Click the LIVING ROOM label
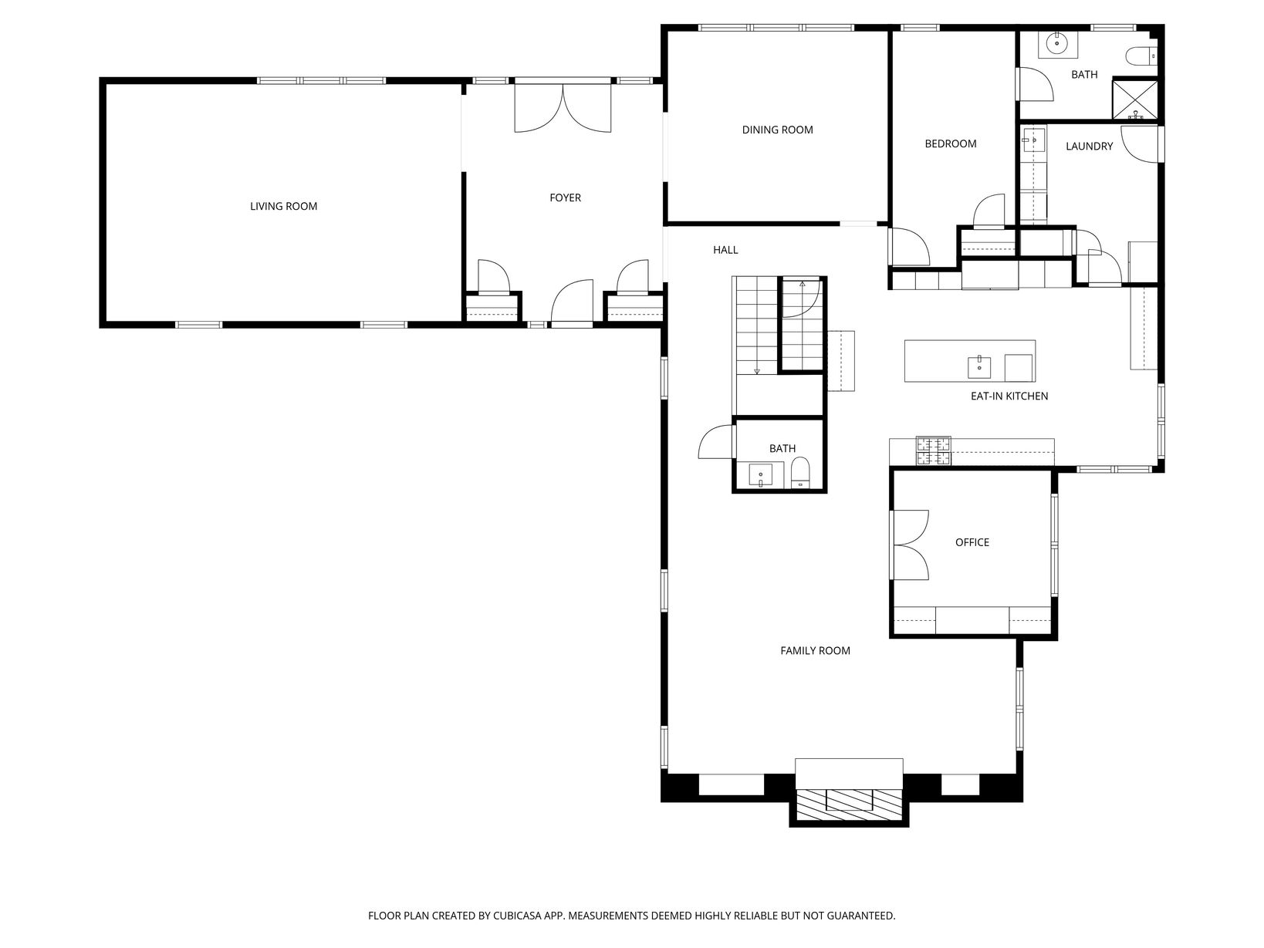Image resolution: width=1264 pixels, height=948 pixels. coord(283,206)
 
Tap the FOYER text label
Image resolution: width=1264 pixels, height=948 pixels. coord(565,197)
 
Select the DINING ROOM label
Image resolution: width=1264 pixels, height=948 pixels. coord(777,130)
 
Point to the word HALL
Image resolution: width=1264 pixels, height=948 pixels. coord(725,250)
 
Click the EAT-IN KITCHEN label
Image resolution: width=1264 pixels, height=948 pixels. coord(1009,396)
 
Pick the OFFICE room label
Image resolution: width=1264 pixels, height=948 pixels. coord(972,542)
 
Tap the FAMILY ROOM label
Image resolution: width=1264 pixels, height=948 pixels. coord(815,650)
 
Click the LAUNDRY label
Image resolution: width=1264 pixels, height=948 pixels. coord(1089,147)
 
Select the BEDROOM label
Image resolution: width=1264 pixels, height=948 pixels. coord(950,144)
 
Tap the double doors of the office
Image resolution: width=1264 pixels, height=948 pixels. coord(909,545)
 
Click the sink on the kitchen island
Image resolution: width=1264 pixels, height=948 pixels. coord(979,367)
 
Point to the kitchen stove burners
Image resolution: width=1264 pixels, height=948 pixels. coord(933,451)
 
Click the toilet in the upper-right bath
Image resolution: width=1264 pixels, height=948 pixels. coord(1141,56)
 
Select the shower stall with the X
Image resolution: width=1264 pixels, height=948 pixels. coord(1134,100)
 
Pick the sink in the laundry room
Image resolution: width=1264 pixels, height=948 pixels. coord(1034,140)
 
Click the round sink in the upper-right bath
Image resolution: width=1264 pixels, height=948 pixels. coord(1057,43)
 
